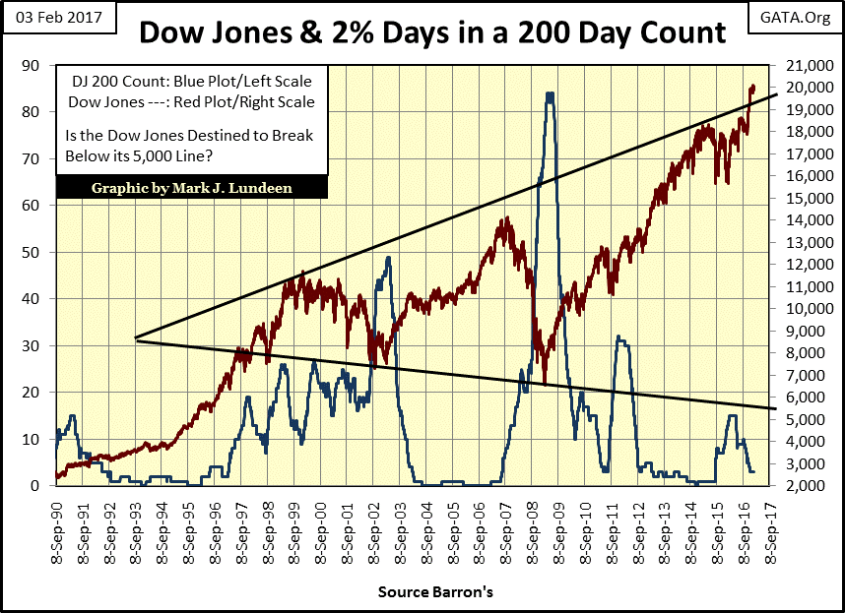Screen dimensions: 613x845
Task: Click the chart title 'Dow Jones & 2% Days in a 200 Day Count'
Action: [x=432, y=32]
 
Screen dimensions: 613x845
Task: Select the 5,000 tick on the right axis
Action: [x=810, y=419]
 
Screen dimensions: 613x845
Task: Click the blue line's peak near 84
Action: [x=549, y=94]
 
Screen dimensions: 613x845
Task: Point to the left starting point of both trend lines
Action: [x=136, y=338]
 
